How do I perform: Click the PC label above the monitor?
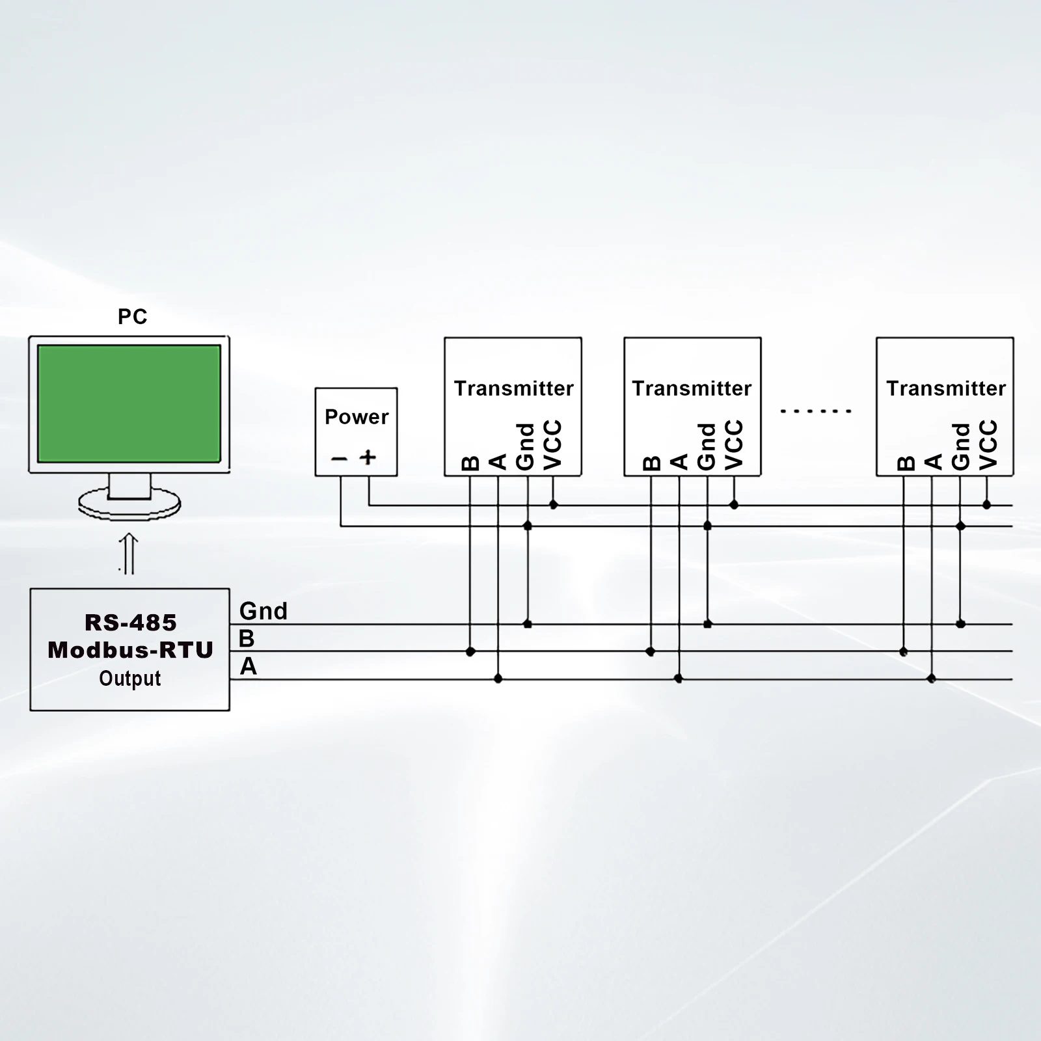click(x=132, y=317)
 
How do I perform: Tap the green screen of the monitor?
click(x=129, y=403)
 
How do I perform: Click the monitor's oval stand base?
click(x=129, y=506)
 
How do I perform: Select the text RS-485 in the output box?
click(x=131, y=623)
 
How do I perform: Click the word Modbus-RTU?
click(x=131, y=650)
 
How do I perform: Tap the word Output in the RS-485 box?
click(x=130, y=679)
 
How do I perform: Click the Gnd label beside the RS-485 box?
click(x=264, y=611)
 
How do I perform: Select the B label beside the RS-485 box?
click(x=247, y=639)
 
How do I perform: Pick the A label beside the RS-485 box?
click(x=248, y=667)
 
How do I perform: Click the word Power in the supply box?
click(x=357, y=416)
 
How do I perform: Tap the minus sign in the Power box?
click(x=340, y=459)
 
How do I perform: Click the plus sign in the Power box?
click(x=368, y=457)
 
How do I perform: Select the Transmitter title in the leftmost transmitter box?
click(x=513, y=388)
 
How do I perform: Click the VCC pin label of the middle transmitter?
click(x=734, y=444)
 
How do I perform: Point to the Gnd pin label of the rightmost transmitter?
click(x=961, y=446)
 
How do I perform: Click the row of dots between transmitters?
click(x=815, y=411)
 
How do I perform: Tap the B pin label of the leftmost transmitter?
click(x=470, y=463)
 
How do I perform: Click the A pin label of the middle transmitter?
click(x=679, y=462)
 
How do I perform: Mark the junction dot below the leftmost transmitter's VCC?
click(x=554, y=505)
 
